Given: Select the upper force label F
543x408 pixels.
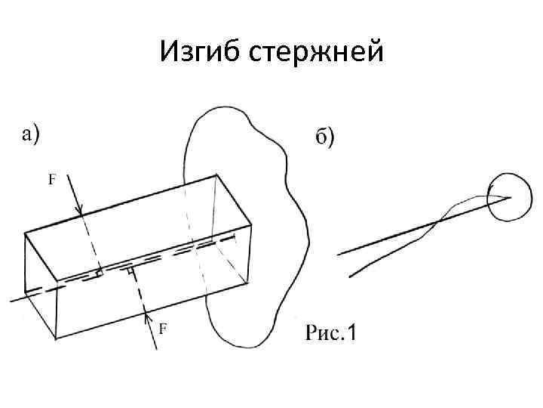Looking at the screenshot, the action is [x=52, y=180].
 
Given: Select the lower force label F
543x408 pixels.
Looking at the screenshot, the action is [x=163, y=328].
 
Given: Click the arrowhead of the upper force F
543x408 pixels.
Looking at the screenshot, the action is [x=81, y=214].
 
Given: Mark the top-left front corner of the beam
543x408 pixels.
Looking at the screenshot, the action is [x=25, y=233].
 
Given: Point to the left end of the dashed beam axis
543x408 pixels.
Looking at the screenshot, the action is [x=11, y=300].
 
